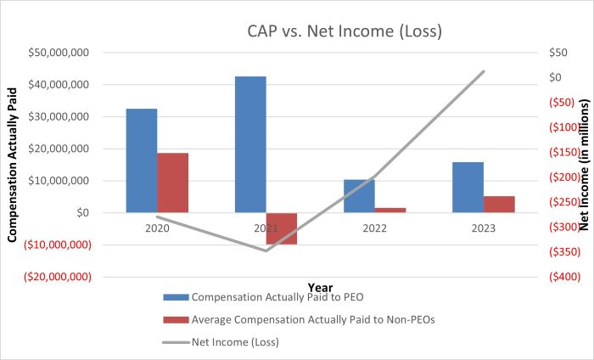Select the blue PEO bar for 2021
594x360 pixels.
(x=250, y=144)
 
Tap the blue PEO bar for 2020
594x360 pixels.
(x=141, y=160)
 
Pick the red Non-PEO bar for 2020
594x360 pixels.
(x=172, y=183)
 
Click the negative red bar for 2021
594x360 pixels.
(x=281, y=228)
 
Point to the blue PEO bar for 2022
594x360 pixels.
(x=359, y=195)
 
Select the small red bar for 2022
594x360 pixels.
(x=389, y=210)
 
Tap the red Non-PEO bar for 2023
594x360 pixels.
(x=499, y=204)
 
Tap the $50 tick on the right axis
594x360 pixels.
(x=558, y=53)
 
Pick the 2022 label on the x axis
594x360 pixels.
(x=374, y=228)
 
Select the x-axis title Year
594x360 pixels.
(x=320, y=286)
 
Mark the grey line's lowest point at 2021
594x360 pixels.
(x=266, y=250)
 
